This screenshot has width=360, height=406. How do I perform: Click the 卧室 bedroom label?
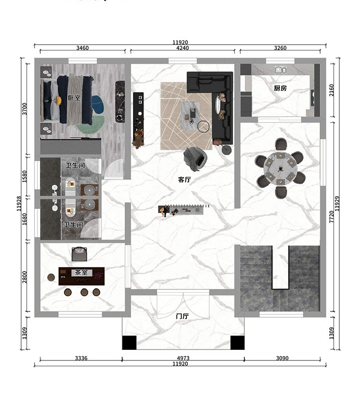[x=74, y=98]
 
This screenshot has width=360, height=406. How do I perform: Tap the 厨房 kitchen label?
[x=280, y=88]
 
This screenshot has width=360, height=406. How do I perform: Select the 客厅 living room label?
[x=184, y=179]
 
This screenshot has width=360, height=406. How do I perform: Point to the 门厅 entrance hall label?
[x=182, y=316]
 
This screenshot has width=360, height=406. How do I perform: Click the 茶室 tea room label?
[x=81, y=273]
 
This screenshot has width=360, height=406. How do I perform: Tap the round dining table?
[x=280, y=168]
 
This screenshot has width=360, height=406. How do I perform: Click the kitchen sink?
[x=280, y=70]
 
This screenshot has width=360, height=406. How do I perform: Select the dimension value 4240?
[x=182, y=48]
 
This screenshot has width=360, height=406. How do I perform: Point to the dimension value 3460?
[x=83, y=48]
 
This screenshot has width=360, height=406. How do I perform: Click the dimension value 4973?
[x=183, y=358]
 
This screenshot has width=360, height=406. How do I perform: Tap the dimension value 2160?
[x=332, y=90]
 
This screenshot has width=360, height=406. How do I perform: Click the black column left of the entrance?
[x=129, y=343]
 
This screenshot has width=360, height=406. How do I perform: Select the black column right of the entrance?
[x=237, y=343]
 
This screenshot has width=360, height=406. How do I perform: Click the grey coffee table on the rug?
[x=191, y=116]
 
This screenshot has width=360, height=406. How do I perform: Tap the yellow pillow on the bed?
[x=59, y=100]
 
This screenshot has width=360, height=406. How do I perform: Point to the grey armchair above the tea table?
[x=79, y=254]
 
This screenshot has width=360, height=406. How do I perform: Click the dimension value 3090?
[x=282, y=358]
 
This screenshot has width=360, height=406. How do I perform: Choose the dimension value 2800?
[x=24, y=277]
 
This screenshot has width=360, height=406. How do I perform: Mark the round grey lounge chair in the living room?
[x=195, y=158]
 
